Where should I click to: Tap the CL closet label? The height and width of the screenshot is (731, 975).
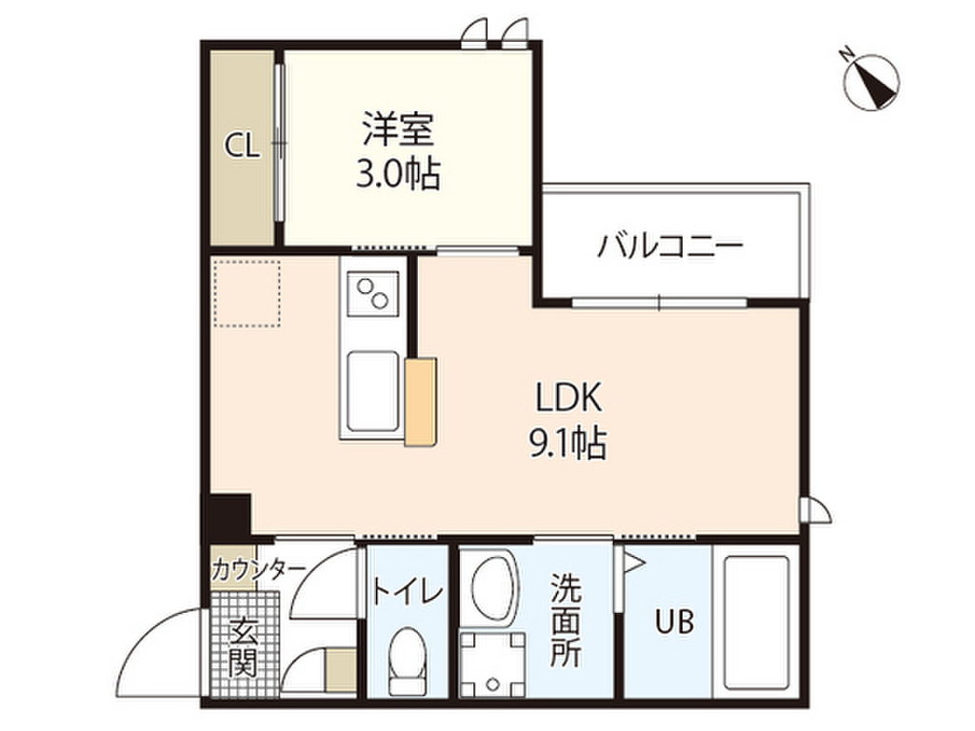[x=242, y=147]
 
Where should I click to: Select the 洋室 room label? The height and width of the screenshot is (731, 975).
[x=398, y=128]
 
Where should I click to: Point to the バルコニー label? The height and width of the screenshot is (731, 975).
[x=670, y=247]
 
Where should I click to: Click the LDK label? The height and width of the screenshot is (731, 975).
[x=569, y=398]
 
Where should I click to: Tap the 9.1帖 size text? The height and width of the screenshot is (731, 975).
[x=567, y=444]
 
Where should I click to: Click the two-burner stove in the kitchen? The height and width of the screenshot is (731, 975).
[x=372, y=293]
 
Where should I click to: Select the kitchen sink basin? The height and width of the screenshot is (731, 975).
[x=372, y=391]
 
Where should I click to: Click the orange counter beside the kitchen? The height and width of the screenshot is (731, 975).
[x=420, y=402]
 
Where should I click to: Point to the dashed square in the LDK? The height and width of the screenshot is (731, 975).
[x=247, y=293]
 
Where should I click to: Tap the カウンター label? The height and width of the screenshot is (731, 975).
[x=259, y=569]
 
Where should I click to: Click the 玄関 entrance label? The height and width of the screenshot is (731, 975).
[x=243, y=648]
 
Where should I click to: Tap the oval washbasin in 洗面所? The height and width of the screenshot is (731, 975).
[x=494, y=587]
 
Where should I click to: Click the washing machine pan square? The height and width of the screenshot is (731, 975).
[x=493, y=664]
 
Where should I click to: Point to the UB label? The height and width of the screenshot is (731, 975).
[x=675, y=621]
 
